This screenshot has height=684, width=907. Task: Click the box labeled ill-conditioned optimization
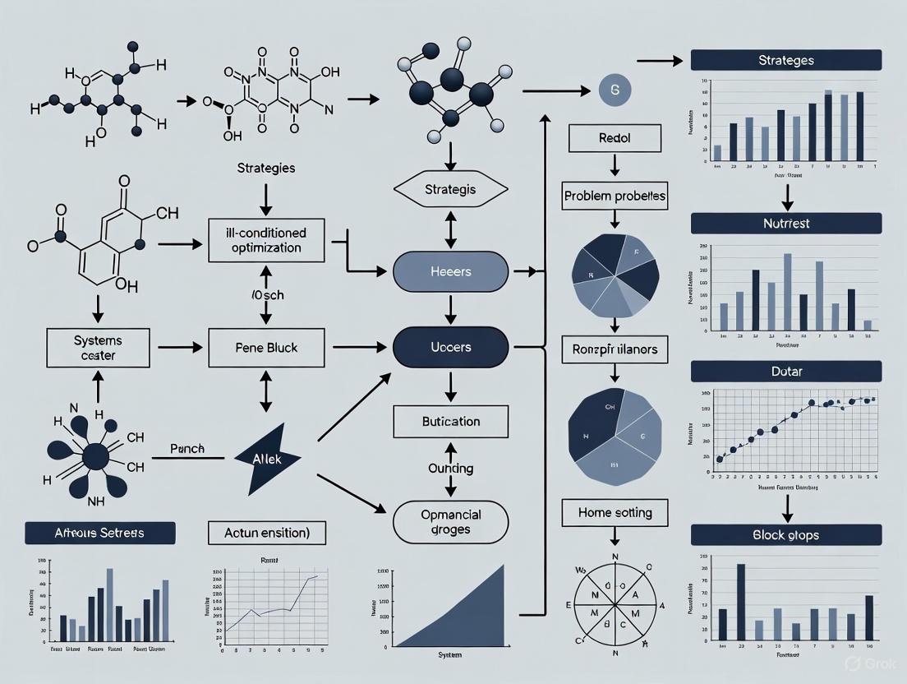point(266,240)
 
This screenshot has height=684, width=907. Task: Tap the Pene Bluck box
point(265,348)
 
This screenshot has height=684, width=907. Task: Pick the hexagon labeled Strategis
point(449,190)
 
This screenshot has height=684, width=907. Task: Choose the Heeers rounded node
point(450,271)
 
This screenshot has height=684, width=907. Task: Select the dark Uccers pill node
point(450,347)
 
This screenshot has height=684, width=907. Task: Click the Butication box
point(450,421)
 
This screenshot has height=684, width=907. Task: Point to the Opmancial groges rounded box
point(450,521)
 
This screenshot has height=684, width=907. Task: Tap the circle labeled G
point(614,89)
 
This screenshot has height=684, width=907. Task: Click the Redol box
point(615,138)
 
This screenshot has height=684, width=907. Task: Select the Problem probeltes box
point(615,197)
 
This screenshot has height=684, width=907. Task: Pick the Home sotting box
point(615,513)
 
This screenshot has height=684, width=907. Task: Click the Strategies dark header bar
point(785,60)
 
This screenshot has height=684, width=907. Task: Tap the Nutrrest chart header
point(785,223)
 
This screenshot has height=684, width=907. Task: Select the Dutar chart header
point(785,371)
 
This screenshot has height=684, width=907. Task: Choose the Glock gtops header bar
point(785,534)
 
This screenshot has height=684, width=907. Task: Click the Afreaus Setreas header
point(100,533)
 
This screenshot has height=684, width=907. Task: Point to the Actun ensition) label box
point(266,533)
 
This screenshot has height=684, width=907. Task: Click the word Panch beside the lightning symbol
point(187,450)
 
